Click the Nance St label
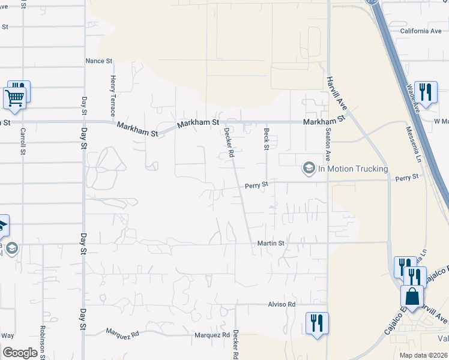click(x=99, y=61)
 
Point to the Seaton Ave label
click(x=328, y=144)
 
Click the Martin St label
click(x=271, y=243)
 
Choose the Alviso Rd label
click(x=283, y=304)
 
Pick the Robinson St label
click(x=43, y=342)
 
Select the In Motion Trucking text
click(x=353, y=169)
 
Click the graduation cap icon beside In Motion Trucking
click(x=309, y=168)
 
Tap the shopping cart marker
click(x=14, y=97)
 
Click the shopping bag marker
click(x=412, y=296)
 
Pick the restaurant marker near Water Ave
click(x=426, y=92)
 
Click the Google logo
click(x=20, y=353)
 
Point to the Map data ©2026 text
click(x=423, y=355)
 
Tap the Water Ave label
click(x=412, y=98)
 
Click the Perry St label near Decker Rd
click(x=256, y=186)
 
